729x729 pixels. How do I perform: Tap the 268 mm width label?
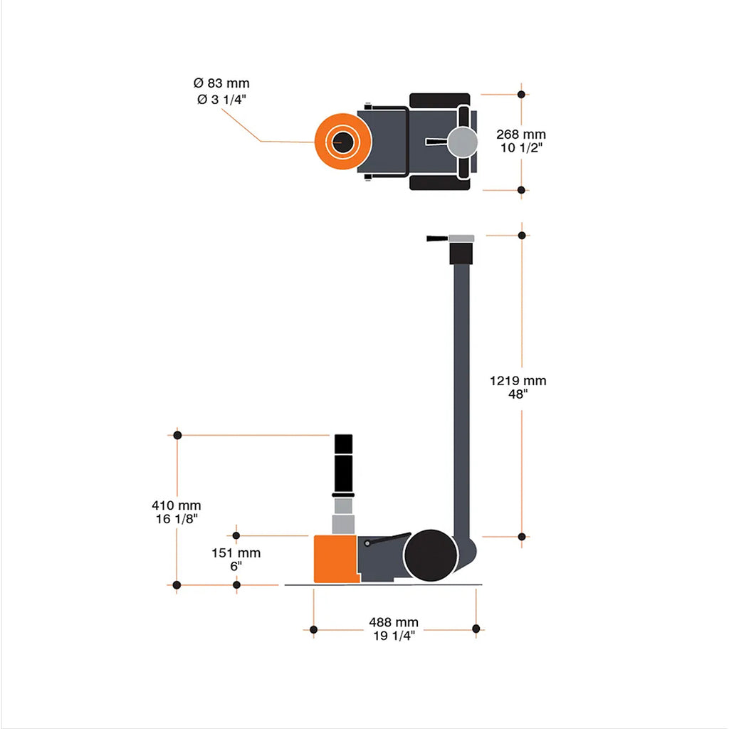(x=521, y=135)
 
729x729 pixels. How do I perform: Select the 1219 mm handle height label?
(x=518, y=381)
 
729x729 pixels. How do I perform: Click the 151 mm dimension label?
(x=236, y=553)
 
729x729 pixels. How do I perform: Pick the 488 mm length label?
(x=394, y=622)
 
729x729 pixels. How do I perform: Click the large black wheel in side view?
(x=430, y=555)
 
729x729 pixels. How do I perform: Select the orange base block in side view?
(x=335, y=560)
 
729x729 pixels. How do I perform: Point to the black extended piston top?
(x=343, y=463)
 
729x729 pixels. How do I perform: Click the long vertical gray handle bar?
(x=461, y=399)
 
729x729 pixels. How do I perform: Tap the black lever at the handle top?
(x=434, y=239)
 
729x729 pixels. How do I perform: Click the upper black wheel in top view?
(x=439, y=100)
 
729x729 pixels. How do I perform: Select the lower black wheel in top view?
(x=439, y=183)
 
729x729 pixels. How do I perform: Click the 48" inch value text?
(x=518, y=394)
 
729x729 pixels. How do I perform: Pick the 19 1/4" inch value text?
(x=394, y=636)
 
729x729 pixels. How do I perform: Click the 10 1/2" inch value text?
(x=521, y=148)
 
